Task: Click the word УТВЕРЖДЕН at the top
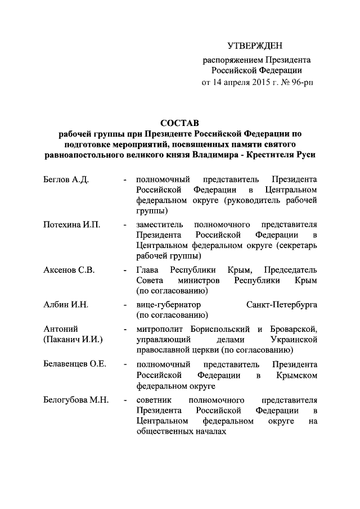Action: (256, 46)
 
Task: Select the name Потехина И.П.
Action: (71, 225)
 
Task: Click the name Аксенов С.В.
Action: (69, 270)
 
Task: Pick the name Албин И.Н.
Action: (66, 305)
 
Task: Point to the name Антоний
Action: (60, 329)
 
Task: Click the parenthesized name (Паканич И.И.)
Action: (73, 340)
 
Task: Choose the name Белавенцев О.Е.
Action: (75, 364)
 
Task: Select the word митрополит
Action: (159, 329)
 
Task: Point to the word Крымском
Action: (296, 375)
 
